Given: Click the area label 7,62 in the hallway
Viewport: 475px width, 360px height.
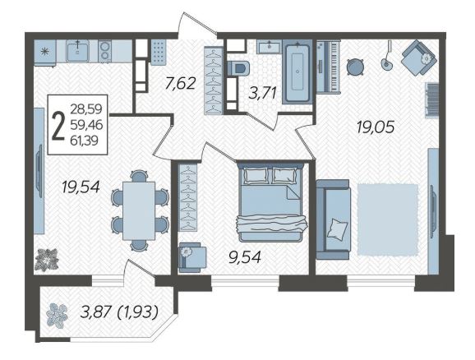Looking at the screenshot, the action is pyautogui.click(x=181, y=83).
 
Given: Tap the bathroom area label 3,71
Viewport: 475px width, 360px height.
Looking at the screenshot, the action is pyautogui.click(x=262, y=93).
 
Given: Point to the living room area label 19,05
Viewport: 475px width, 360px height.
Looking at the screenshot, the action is pyautogui.click(x=376, y=127).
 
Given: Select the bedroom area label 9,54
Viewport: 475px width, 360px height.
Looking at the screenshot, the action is pyautogui.click(x=245, y=257).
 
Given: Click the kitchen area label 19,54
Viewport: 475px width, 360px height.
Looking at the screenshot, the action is pyautogui.click(x=81, y=187).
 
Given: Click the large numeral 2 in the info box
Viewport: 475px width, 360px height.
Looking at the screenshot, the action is pyautogui.click(x=58, y=125).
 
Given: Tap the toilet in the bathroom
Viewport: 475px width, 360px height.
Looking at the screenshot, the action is pyautogui.click(x=237, y=68).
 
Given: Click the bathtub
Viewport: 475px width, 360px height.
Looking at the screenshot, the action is pyautogui.click(x=297, y=72).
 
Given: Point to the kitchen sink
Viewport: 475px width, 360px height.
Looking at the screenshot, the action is pyautogui.click(x=77, y=51).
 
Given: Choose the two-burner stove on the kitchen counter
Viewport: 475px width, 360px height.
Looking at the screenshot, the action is pyautogui.click(x=105, y=51).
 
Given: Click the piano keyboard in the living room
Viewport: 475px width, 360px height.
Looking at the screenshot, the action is pyautogui.click(x=329, y=67).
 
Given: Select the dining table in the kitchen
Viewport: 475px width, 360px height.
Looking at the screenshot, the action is pyautogui.click(x=139, y=210).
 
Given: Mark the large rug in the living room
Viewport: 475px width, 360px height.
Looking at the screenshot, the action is pyautogui.click(x=388, y=219).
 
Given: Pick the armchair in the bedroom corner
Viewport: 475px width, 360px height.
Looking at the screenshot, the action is pyautogui.click(x=191, y=257).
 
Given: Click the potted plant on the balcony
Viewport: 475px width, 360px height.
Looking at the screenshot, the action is pyautogui.click(x=57, y=316).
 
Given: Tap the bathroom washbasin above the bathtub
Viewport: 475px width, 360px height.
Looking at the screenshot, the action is pyautogui.click(x=270, y=47).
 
